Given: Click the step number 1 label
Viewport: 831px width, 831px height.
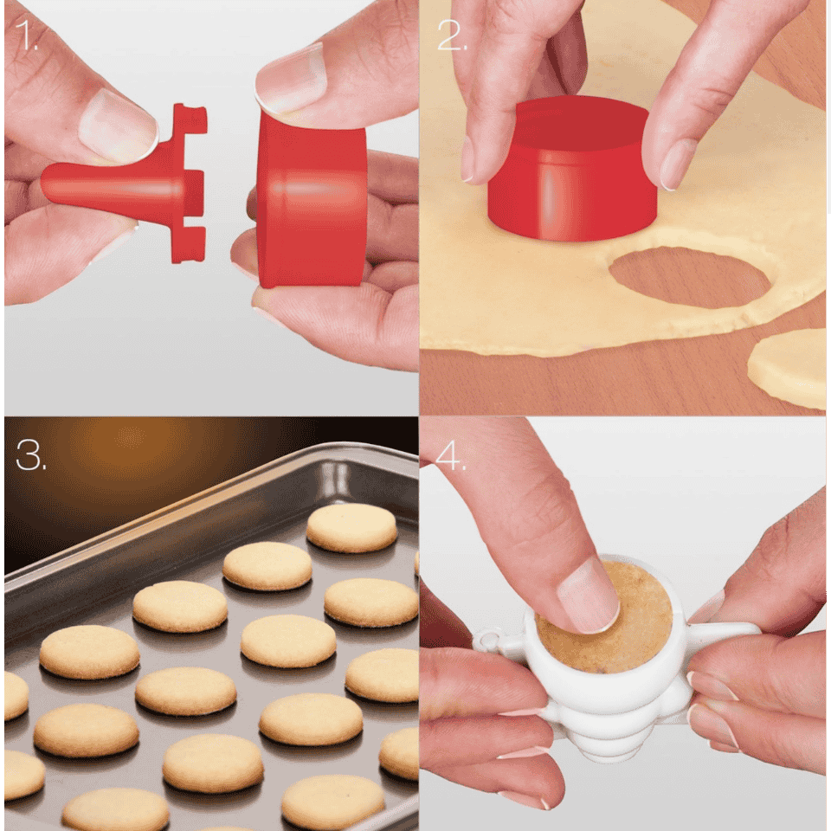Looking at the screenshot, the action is pos(27,35).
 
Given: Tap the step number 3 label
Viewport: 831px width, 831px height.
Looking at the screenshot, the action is pos(31,454).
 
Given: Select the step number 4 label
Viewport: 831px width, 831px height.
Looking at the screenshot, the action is pos(449,454).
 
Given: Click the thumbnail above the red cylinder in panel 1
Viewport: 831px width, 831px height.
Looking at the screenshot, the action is pos(291,80).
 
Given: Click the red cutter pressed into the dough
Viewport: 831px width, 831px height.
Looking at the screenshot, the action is pos(573,169).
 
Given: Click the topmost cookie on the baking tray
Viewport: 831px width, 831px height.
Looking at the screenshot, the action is pos(351,527).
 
